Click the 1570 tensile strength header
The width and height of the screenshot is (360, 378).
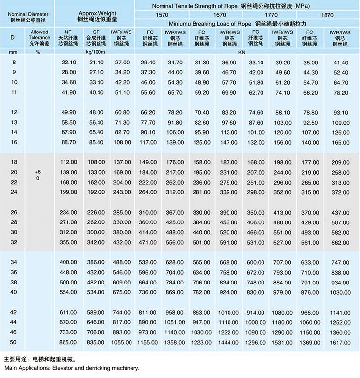click(162, 15)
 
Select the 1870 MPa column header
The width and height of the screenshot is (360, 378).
click(327, 15)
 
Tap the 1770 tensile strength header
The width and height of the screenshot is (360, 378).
click(272, 15)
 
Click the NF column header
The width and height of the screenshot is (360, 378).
click(68, 32)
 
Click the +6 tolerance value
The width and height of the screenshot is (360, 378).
click(38, 171)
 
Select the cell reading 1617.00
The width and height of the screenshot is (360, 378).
click(341, 342)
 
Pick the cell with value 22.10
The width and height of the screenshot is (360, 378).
click(68, 63)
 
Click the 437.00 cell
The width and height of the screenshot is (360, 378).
click(341, 212)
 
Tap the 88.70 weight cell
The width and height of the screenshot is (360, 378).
click(68, 142)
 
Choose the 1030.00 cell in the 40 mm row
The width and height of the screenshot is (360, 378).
click(341, 292)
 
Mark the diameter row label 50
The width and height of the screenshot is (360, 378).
click(14, 342)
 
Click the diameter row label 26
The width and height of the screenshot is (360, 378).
click(14, 212)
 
